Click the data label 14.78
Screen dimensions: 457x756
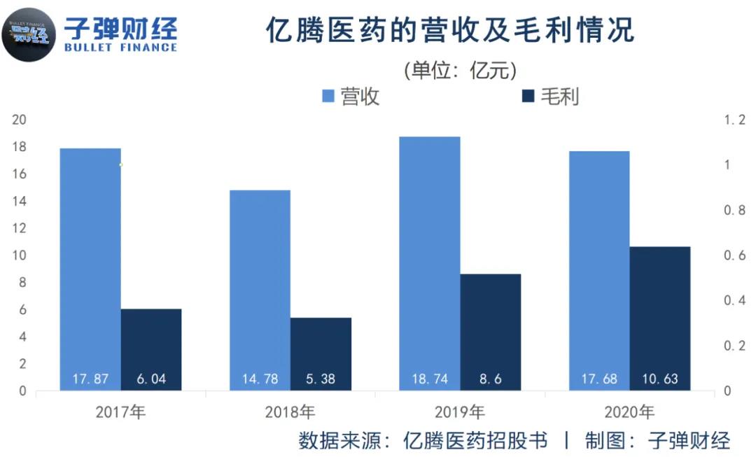point(260,379)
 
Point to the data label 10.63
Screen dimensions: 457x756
point(660,379)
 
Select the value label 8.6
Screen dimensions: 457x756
point(490,379)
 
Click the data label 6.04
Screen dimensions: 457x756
point(150,379)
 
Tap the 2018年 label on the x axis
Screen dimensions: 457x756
point(290,412)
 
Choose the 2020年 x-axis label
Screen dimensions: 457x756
point(629,412)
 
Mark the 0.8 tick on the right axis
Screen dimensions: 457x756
point(734,210)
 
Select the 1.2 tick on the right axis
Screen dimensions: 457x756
point(734,120)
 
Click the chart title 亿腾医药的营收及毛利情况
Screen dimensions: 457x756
point(449,31)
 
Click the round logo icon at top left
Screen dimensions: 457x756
point(29,31)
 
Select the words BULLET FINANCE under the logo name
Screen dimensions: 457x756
point(120,48)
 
